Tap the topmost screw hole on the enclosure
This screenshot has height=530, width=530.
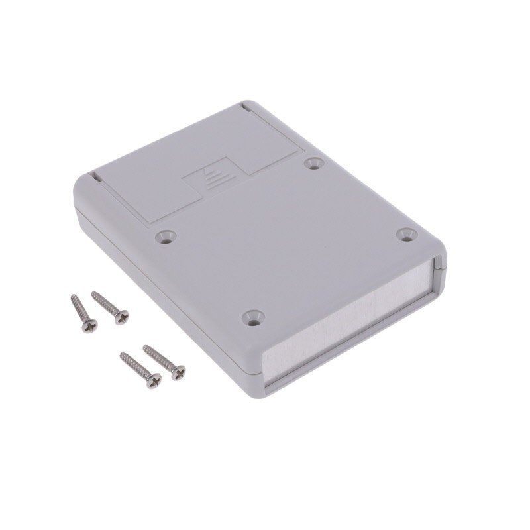[x=313, y=162]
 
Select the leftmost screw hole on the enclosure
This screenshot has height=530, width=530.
[x=164, y=235]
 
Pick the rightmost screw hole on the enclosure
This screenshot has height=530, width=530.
[x=407, y=234]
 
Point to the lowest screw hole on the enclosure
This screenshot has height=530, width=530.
[x=253, y=317]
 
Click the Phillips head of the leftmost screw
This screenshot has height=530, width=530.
[x=89, y=325]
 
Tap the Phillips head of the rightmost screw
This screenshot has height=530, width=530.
[x=178, y=372]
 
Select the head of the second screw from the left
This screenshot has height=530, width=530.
[x=121, y=317]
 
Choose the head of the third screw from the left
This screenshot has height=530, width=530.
[x=153, y=380]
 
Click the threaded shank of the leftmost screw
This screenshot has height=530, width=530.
[x=80, y=310]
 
